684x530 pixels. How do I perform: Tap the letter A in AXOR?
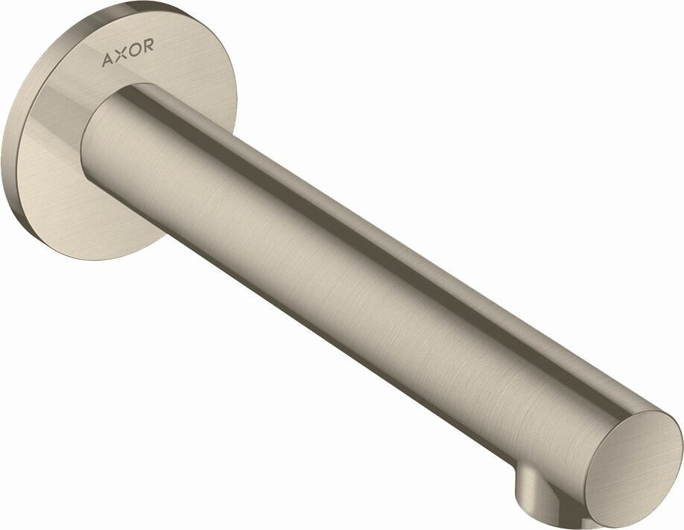[107, 58]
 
